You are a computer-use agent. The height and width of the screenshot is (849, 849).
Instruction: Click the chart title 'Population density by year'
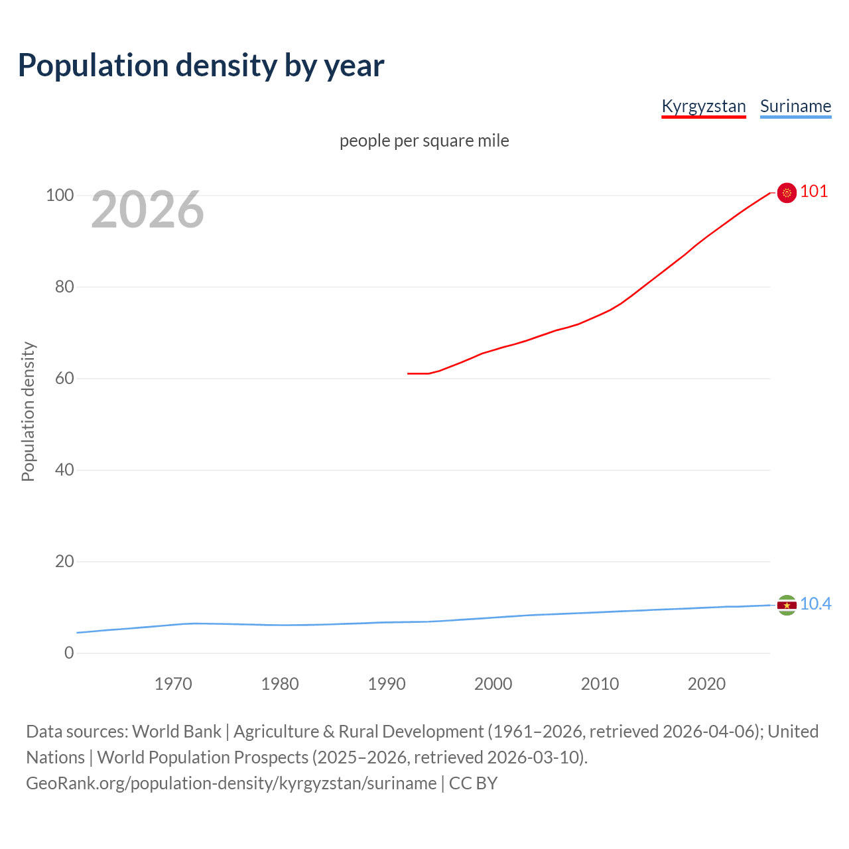201,65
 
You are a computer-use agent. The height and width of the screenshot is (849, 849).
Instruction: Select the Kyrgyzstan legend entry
704,106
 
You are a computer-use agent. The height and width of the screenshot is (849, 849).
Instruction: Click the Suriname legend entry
795,106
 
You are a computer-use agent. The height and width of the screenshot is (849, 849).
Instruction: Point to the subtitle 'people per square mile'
424,141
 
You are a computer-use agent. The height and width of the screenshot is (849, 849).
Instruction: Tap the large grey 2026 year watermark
147,210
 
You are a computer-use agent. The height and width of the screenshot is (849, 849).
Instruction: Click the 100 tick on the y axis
60,196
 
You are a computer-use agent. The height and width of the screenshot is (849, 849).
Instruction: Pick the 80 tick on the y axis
64,287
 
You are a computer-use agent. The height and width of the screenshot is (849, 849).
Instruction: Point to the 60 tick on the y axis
64,379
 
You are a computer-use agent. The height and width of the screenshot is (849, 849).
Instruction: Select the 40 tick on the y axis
64,470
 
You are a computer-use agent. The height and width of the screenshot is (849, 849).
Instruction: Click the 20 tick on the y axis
64,562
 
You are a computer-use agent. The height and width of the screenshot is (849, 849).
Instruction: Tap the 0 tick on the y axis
69,653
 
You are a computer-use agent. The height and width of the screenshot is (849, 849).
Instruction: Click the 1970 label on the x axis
173,684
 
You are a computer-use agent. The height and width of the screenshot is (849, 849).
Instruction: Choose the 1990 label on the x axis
387,684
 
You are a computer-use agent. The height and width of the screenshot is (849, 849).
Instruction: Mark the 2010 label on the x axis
600,684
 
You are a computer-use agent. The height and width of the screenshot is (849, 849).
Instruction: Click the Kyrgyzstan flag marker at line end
787,192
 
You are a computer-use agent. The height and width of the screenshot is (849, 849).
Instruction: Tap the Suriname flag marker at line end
787,605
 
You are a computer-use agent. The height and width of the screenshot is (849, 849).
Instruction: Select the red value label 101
814,192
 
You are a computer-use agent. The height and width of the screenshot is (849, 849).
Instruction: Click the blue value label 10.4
815,604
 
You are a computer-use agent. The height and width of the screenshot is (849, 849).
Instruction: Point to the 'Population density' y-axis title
28,411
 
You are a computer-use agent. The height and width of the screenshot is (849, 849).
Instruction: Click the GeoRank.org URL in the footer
231,783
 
